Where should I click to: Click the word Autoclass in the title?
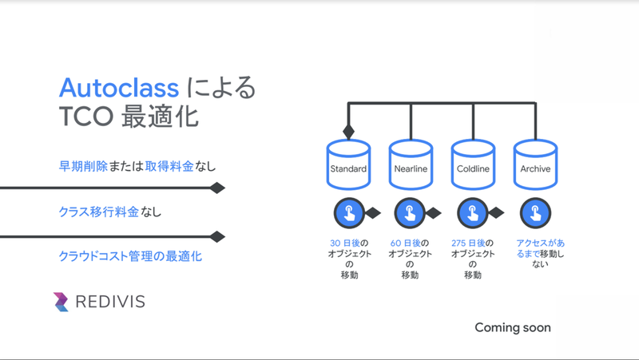(119, 87)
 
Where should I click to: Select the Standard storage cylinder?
(348, 168)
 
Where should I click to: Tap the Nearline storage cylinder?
(411, 168)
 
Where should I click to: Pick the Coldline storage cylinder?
(473, 168)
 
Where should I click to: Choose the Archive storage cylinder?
(534, 168)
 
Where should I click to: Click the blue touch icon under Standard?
(347, 213)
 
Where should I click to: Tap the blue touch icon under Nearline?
(410, 213)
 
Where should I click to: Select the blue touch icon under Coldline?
(472, 213)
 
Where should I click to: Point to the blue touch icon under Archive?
(534, 213)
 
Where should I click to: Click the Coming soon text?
(513, 327)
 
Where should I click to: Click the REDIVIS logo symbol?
(62, 302)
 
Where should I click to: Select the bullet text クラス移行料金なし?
(110, 212)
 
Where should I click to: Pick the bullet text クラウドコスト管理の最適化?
(130, 256)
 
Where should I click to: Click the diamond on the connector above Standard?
(348, 131)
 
